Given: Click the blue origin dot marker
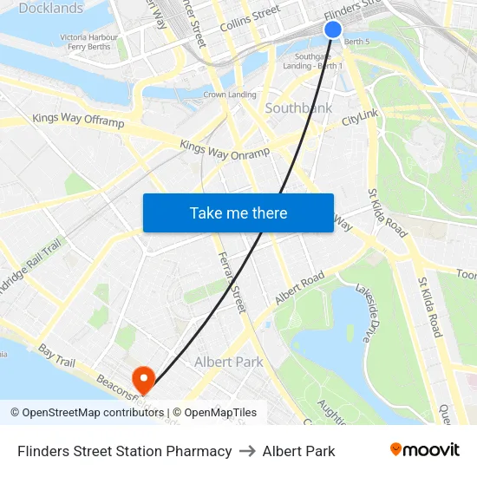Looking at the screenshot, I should coord(333,29).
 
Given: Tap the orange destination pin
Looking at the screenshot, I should coord(142,378).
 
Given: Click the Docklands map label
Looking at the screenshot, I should coord(51,9).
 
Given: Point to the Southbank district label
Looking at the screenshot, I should coord(298,108).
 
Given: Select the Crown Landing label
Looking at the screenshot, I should coord(230,95).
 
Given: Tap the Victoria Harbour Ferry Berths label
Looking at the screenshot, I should coord(88,42).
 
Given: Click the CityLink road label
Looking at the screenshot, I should coord(361,116).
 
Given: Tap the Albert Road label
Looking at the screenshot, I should coord(299,287).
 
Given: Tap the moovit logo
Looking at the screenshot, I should coord(425,449).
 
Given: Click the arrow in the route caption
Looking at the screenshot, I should coord(247,451).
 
